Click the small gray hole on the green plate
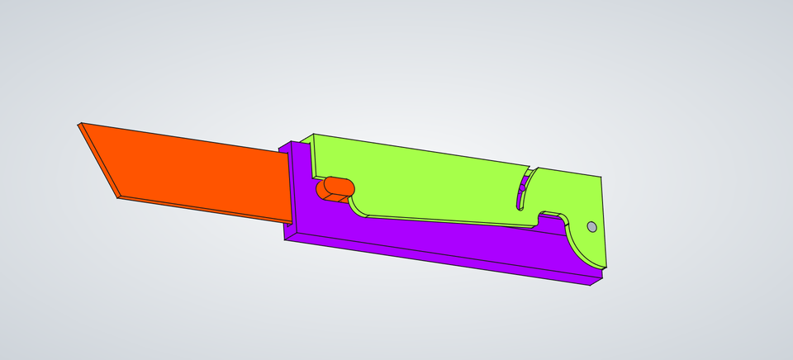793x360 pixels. click(591, 226)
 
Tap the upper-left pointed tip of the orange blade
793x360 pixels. click(80, 125)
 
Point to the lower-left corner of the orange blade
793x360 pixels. click(118, 197)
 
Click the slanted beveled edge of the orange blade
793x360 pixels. click(98, 161)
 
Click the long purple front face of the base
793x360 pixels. click(438, 255)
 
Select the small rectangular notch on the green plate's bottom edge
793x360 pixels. click(552, 218)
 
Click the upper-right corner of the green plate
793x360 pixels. click(601, 177)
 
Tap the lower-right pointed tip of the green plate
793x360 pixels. click(605, 268)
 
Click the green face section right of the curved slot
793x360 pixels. click(570, 194)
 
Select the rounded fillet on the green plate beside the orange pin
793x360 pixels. click(359, 210)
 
